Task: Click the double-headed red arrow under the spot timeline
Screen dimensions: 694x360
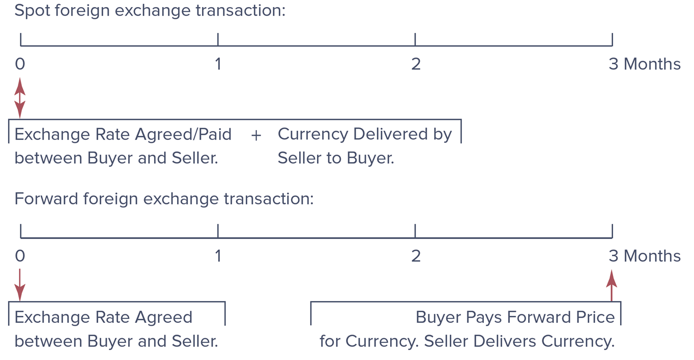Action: coord(20,98)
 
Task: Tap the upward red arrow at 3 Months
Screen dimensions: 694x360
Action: coord(612,286)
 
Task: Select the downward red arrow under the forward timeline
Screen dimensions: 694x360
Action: coord(20,285)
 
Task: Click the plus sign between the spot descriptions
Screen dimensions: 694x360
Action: coord(256,135)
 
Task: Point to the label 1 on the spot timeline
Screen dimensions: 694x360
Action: coord(218,65)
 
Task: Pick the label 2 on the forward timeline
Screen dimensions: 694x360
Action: coord(416,256)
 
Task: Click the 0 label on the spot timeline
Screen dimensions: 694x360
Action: coord(20,65)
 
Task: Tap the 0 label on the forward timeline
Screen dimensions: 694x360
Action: coord(20,256)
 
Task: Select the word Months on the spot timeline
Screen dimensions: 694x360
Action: coord(652,65)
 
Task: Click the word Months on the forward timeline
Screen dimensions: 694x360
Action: coord(652,256)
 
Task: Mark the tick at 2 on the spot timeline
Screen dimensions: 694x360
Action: coord(415,40)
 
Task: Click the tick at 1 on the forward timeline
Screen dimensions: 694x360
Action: coord(218,231)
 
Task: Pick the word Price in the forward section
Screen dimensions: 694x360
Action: coord(595,317)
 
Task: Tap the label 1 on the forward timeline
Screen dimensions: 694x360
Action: coord(218,256)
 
